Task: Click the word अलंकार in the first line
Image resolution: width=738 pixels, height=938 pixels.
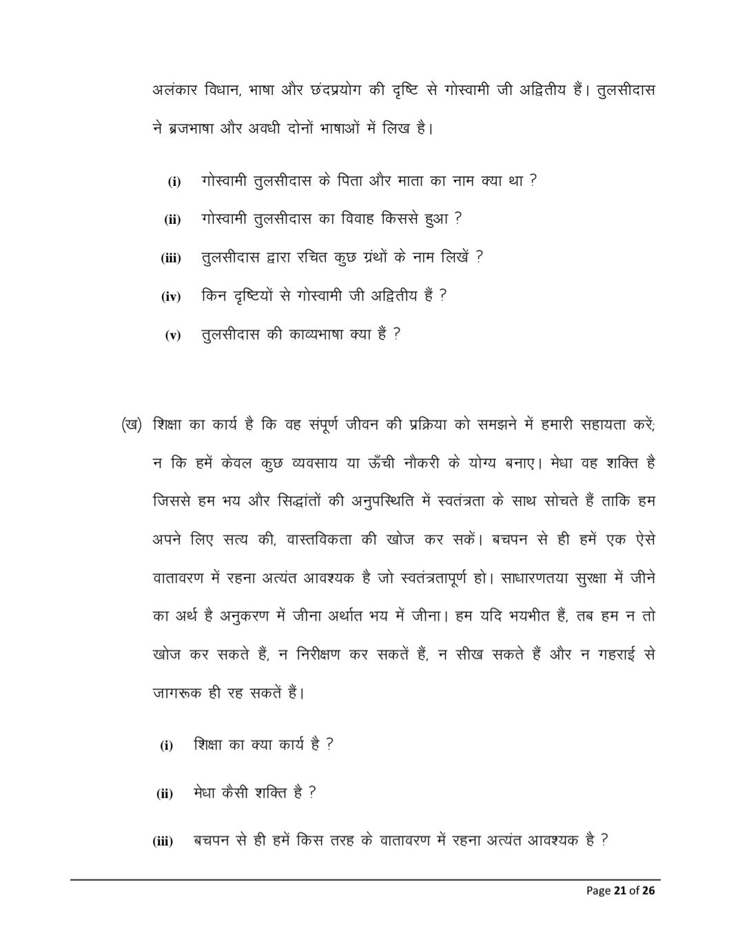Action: [175, 90]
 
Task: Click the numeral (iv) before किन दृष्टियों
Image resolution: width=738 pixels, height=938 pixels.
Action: [171, 297]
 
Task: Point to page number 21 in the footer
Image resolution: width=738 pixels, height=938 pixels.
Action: [619, 890]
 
